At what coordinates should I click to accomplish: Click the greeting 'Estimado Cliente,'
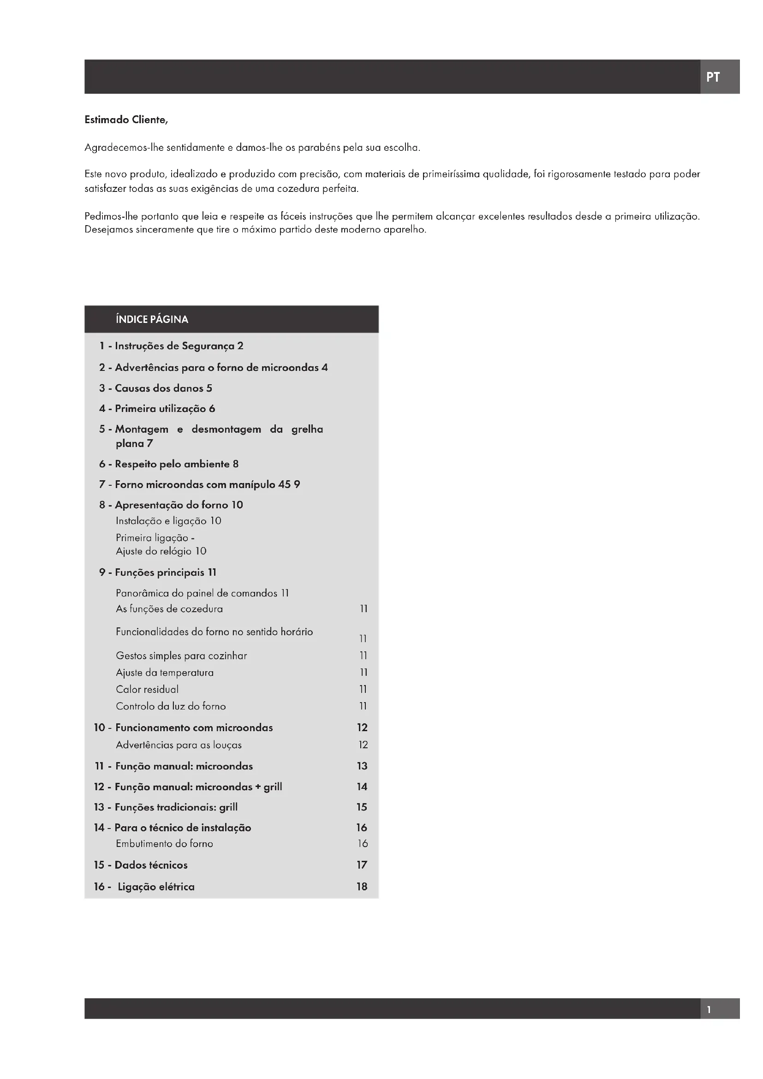[126, 120]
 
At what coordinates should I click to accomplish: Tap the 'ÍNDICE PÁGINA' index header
[152, 320]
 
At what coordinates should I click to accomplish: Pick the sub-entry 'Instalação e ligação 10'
[168, 521]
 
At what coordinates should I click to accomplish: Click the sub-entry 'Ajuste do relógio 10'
[161, 551]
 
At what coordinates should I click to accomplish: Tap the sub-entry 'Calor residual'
[147, 689]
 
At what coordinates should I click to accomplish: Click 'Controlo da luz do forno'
[171, 706]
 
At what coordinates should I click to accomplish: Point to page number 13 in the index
[362, 766]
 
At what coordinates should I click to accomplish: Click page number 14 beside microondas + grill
[362, 787]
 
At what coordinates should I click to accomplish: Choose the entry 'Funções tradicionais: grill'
[176, 807]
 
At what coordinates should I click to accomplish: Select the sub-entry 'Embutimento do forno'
[164, 844]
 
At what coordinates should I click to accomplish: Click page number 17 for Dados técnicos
[362, 865]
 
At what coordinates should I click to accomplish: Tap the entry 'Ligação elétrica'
[155, 887]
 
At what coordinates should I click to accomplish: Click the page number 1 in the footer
[709, 1009]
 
